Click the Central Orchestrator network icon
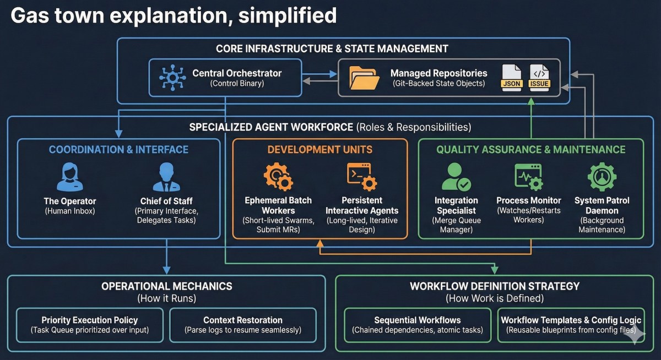tap(172, 78)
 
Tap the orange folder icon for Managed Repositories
tap(364, 78)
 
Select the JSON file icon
tap(511, 78)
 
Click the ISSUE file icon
tap(539, 78)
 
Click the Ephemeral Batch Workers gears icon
tap(278, 176)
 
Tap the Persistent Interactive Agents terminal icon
tap(362, 176)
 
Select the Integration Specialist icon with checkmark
tap(456, 177)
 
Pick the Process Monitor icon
tap(528, 177)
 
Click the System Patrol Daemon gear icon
tap(602, 177)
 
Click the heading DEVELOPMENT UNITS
tap(320, 149)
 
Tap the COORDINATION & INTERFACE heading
tap(118, 149)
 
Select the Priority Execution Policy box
tap(90, 325)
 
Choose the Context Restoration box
tap(243, 325)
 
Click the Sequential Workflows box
tap(418, 325)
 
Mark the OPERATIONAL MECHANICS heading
tap(166, 286)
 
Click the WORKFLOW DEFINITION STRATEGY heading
tap(495, 286)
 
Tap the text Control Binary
tap(237, 84)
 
